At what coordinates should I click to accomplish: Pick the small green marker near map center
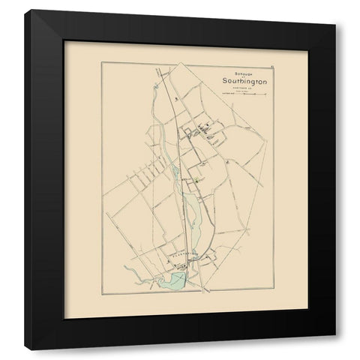point(196,181)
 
